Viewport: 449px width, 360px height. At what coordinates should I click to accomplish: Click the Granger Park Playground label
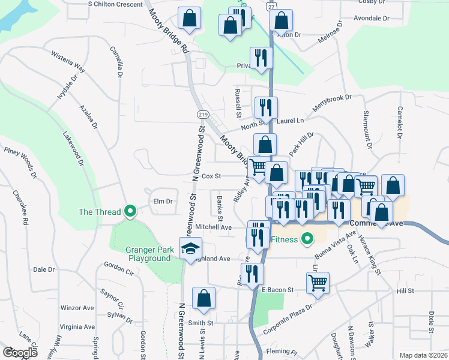(149, 254)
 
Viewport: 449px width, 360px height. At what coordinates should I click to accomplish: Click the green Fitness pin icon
(308, 239)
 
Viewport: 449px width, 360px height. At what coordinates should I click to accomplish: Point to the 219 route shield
(202, 113)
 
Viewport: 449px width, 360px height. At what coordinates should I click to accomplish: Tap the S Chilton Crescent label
(115, 4)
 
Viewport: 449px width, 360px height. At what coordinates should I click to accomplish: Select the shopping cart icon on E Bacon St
(318, 281)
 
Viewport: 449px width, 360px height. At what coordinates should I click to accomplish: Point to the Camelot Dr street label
(398, 123)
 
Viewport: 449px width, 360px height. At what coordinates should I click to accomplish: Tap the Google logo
(20, 353)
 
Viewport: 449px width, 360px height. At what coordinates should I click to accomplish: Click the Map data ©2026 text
(423, 355)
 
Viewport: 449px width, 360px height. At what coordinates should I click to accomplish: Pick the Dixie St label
(431, 322)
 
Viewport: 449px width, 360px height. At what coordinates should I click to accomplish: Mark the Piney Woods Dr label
(21, 163)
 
